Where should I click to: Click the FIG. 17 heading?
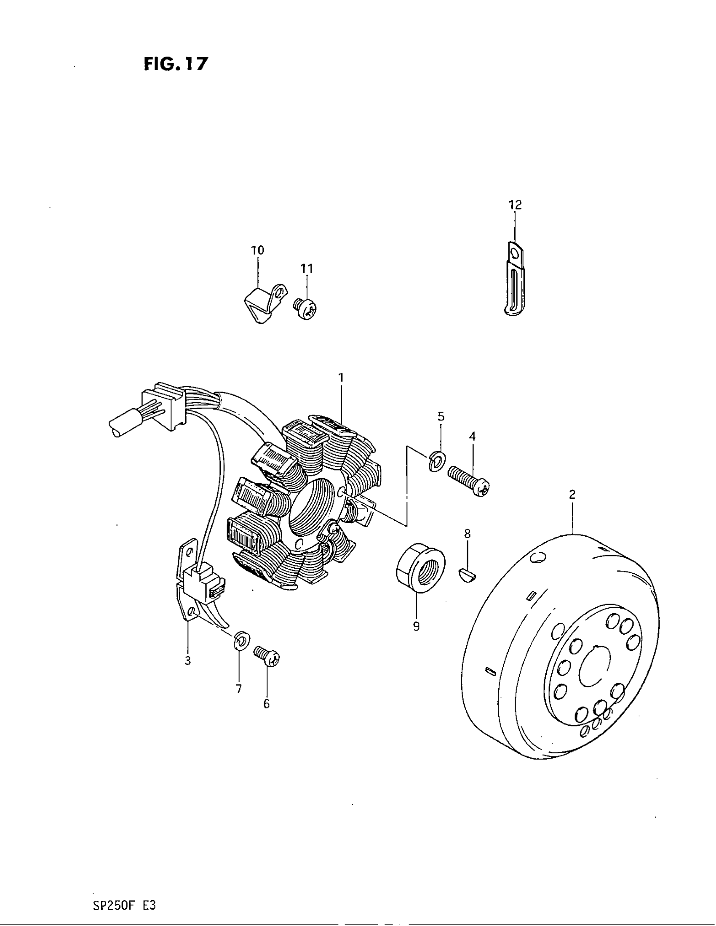(176, 64)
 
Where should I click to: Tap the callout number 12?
(515, 205)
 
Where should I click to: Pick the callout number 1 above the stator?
(341, 377)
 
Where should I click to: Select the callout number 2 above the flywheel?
(572, 494)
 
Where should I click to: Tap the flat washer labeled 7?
(241, 641)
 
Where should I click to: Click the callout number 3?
(187, 660)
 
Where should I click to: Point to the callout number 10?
(257, 250)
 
